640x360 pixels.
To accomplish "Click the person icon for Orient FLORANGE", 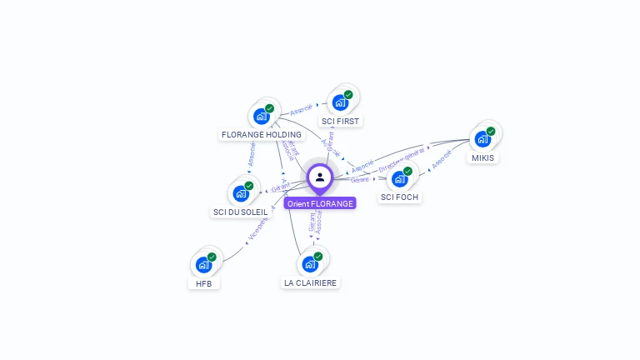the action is [320, 177].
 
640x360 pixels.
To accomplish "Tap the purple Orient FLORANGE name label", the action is [320, 203].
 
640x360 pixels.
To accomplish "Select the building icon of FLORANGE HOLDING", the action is [261, 116].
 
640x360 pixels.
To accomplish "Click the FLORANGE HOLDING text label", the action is [261, 134].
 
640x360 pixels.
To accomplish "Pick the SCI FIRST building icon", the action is [339, 102].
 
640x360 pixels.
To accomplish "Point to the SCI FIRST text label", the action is [340, 121].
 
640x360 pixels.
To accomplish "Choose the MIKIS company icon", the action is [482, 139].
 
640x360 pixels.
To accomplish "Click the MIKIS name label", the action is [482, 157].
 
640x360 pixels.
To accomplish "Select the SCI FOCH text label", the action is [399, 197].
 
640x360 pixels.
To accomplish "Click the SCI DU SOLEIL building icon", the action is [241, 193].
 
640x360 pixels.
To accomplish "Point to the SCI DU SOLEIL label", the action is [241, 212].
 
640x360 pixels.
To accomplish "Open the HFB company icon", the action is [203, 265].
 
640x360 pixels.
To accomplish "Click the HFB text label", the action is [204, 283].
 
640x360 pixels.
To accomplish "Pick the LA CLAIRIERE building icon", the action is [310, 264].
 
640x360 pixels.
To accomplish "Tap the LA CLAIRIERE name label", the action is [310, 282].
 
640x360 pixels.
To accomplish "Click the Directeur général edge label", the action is [402, 158].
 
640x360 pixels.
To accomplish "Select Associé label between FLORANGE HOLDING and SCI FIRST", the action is [301, 109].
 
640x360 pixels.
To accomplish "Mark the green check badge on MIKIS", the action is [491, 131].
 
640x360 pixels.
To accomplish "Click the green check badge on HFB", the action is [212, 257].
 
